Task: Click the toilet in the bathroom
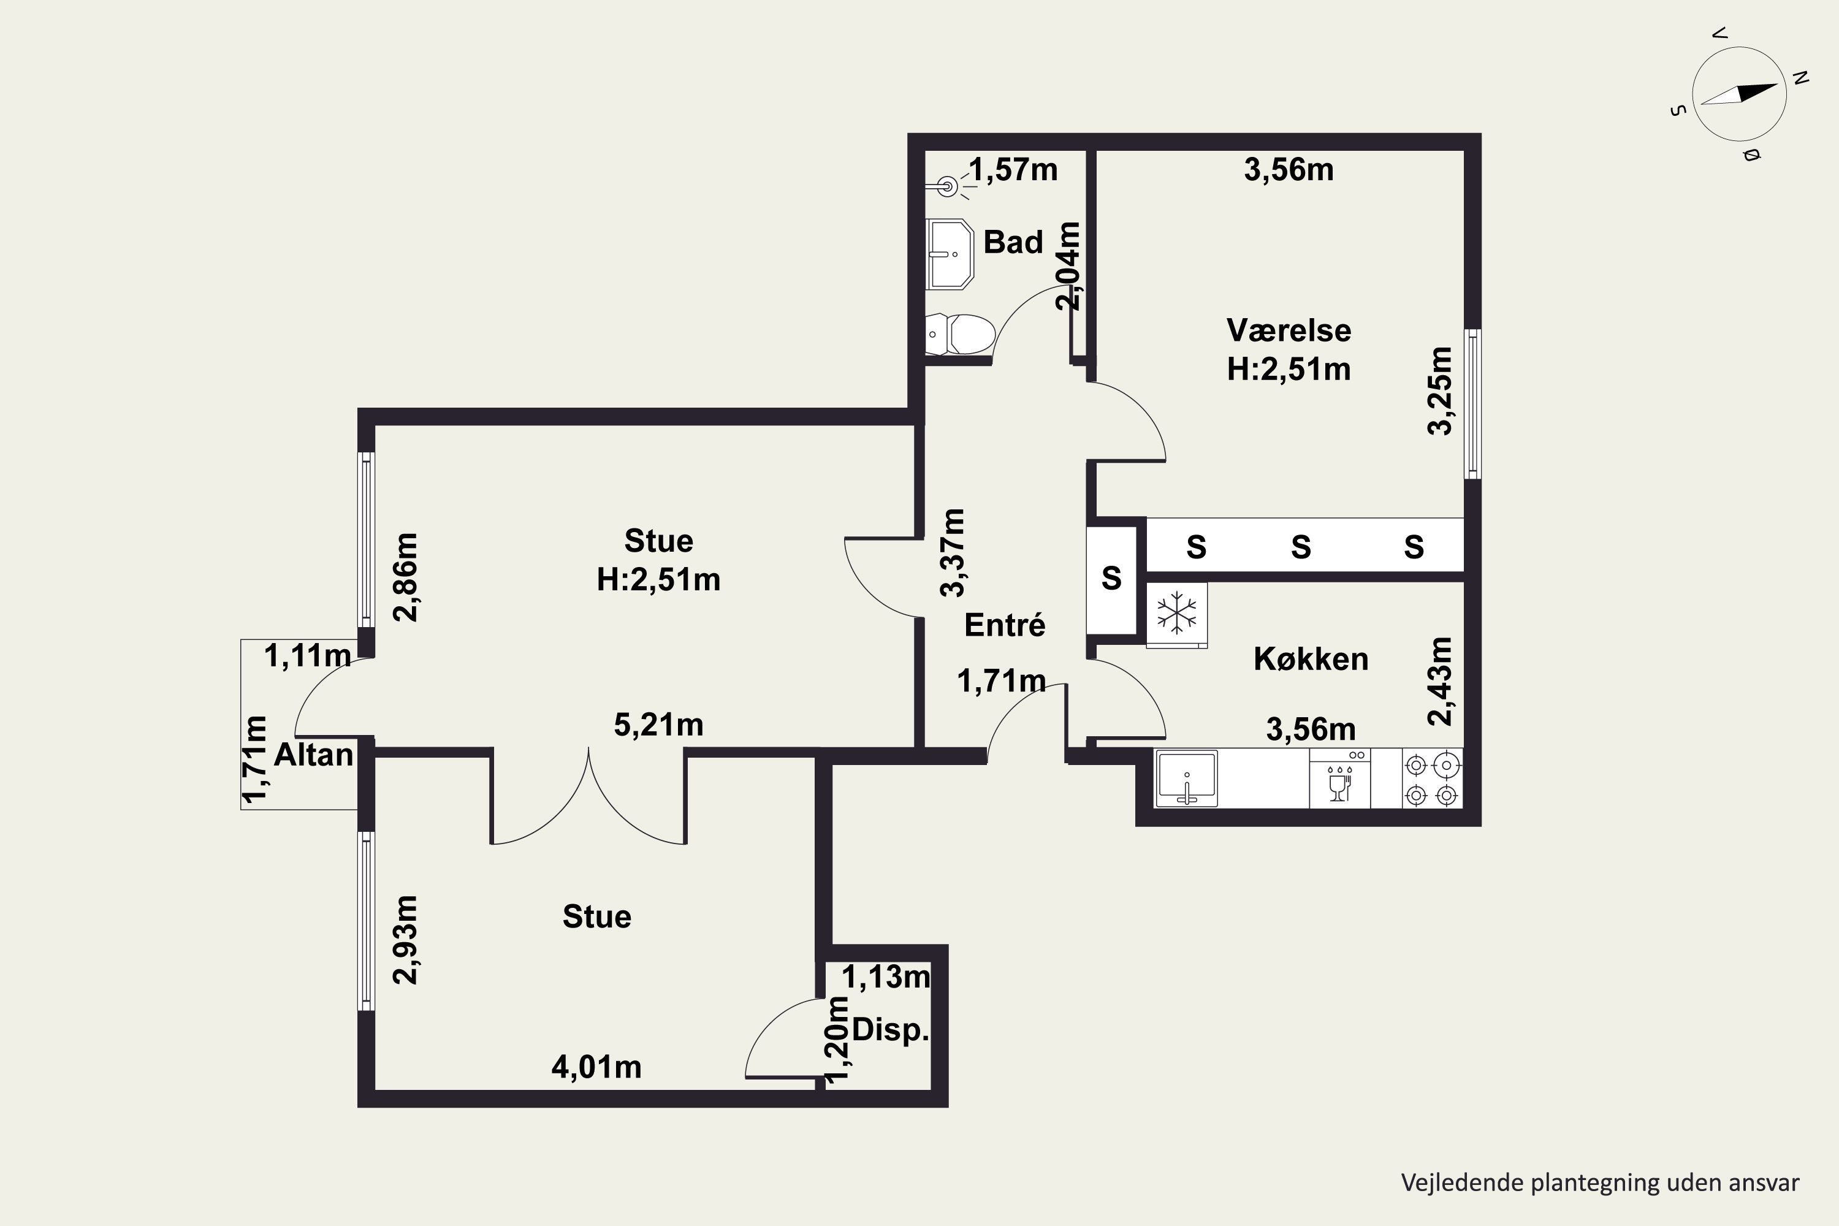pos(959,335)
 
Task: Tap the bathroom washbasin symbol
pos(949,254)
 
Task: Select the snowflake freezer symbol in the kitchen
pos(1177,614)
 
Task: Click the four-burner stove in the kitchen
pos(1431,778)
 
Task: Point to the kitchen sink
pos(1186,778)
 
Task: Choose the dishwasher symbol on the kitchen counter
pos(1339,778)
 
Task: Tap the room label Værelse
pos(1289,331)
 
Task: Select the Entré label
pos(1005,625)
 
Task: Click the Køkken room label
pos(1311,659)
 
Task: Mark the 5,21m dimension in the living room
pos(658,726)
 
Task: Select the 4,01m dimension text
pos(596,1067)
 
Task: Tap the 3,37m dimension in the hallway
pos(953,553)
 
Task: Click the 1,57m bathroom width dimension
pos(1013,170)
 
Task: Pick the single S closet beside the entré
pos(1111,579)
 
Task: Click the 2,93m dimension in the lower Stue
pos(406,940)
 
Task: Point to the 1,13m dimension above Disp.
pos(886,977)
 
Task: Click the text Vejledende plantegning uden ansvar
pos(1600,1182)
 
